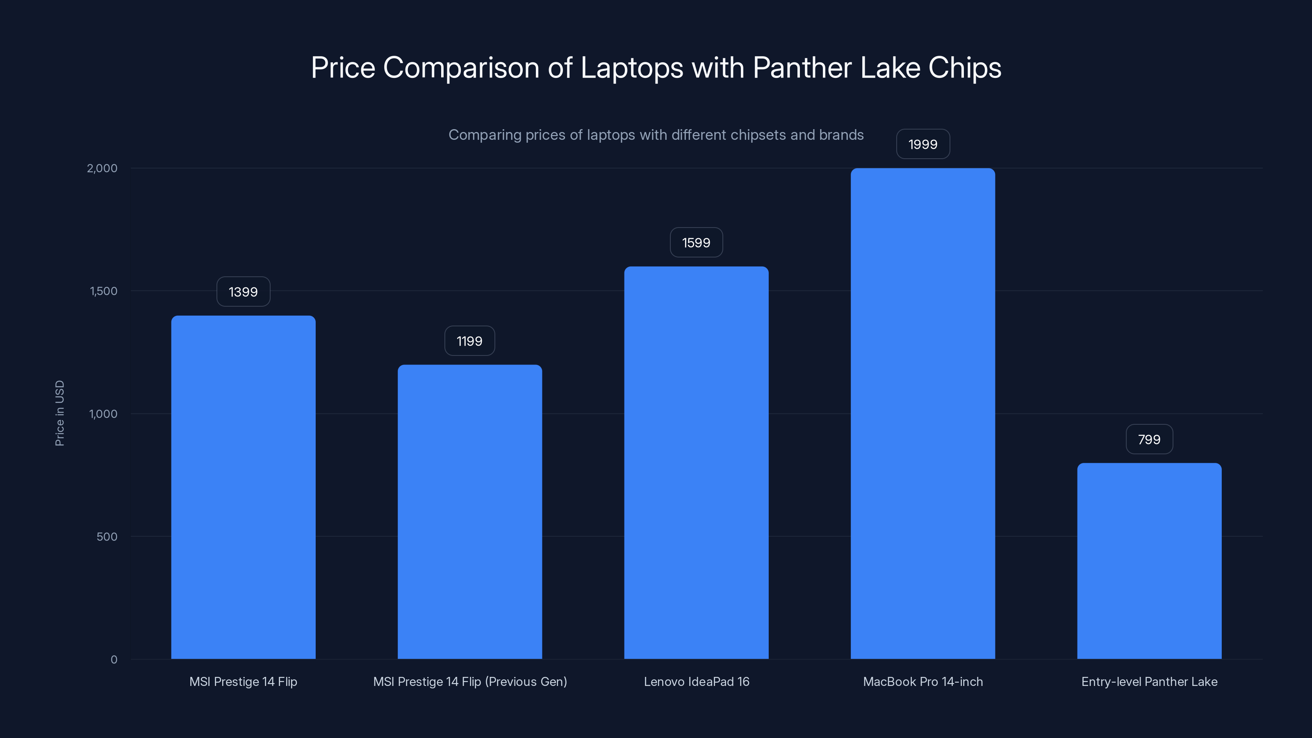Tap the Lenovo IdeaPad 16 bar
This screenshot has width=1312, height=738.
click(696, 462)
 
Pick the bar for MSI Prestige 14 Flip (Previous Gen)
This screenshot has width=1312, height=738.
click(469, 511)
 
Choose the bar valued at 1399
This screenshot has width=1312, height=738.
click(243, 487)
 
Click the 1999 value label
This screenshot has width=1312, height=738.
click(923, 144)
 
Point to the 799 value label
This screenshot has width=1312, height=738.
click(1149, 440)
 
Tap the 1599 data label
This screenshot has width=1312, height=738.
click(696, 242)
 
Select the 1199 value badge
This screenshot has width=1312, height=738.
click(469, 341)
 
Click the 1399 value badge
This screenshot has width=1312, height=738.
click(243, 292)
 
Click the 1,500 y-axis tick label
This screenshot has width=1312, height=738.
click(103, 291)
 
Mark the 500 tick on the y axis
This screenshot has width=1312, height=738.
click(107, 536)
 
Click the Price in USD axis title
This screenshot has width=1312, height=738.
click(59, 413)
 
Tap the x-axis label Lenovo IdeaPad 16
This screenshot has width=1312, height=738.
click(696, 681)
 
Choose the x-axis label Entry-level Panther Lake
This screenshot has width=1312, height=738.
click(1149, 681)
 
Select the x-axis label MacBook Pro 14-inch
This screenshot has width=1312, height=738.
click(922, 681)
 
